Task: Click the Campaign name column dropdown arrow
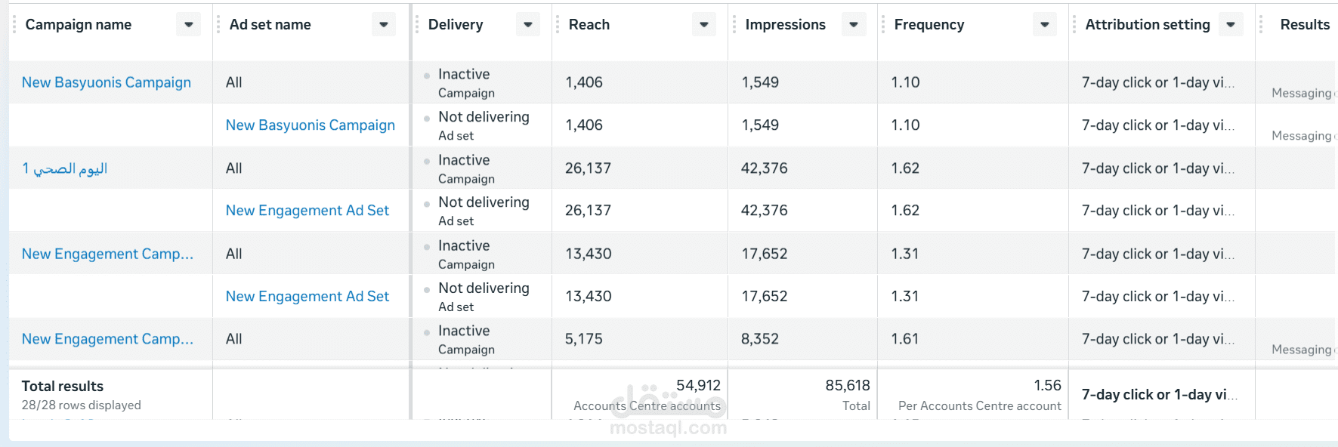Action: pyautogui.click(x=188, y=25)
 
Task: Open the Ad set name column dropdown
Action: pyautogui.click(x=384, y=25)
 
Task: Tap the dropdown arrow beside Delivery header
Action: pyautogui.click(x=527, y=25)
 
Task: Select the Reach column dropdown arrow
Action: pyautogui.click(x=703, y=25)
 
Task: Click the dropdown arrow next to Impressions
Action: pyautogui.click(x=854, y=25)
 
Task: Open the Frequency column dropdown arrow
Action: pyautogui.click(x=1044, y=25)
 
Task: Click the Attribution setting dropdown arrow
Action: pyautogui.click(x=1231, y=25)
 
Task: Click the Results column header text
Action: pyautogui.click(x=1305, y=25)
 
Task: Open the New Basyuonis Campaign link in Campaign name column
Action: pyautogui.click(x=107, y=82)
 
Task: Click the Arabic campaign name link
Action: pyautogui.click(x=65, y=168)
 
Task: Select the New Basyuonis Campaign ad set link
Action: pyautogui.click(x=310, y=125)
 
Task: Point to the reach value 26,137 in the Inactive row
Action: pyautogui.click(x=588, y=168)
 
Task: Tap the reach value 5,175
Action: pyautogui.click(x=584, y=339)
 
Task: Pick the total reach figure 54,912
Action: pyautogui.click(x=698, y=386)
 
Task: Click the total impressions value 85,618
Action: pyautogui.click(x=848, y=386)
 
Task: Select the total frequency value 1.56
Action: pyautogui.click(x=1047, y=386)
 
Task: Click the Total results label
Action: pyautogui.click(x=63, y=387)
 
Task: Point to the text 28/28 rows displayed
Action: pyautogui.click(x=82, y=405)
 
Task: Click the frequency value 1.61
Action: pyautogui.click(x=904, y=339)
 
